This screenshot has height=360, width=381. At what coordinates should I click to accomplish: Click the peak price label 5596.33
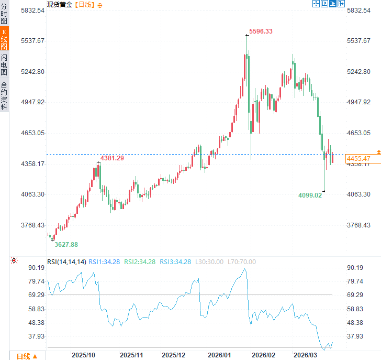(x=261, y=31)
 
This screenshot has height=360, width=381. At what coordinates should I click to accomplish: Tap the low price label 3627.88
(x=66, y=244)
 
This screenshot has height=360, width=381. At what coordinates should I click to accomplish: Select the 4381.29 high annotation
(x=113, y=158)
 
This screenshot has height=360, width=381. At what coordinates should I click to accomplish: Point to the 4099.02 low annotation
(x=311, y=195)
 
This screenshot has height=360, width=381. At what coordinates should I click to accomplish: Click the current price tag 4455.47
(x=358, y=158)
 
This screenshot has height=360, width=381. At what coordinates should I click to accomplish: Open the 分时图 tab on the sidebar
(x=4, y=14)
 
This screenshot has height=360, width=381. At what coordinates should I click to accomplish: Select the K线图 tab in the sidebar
(x=4, y=39)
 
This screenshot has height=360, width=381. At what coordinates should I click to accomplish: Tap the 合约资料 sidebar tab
(x=4, y=95)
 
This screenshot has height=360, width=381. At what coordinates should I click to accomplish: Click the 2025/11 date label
(x=131, y=355)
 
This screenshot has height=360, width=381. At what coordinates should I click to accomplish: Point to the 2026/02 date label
(x=264, y=355)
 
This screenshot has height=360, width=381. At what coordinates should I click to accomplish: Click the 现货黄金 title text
(x=60, y=5)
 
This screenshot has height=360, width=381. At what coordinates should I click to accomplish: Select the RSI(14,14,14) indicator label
(x=66, y=261)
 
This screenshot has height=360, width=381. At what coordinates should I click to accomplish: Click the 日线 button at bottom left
(x=27, y=356)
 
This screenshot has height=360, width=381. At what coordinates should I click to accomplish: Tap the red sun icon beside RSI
(x=14, y=260)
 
